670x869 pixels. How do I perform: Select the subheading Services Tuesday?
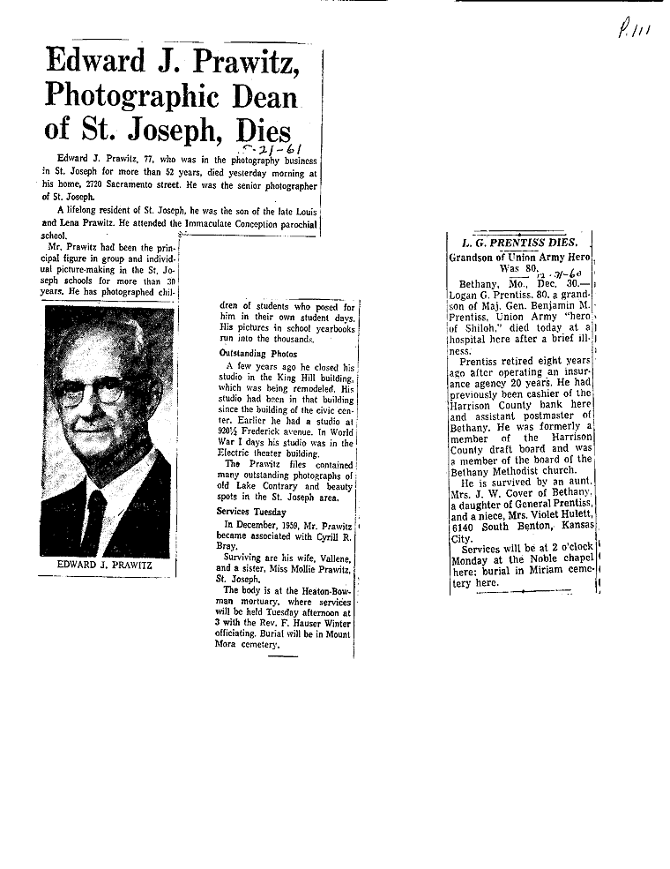point(252,512)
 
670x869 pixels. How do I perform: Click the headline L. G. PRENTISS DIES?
point(520,242)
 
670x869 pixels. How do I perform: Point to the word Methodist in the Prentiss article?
point(526,470)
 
